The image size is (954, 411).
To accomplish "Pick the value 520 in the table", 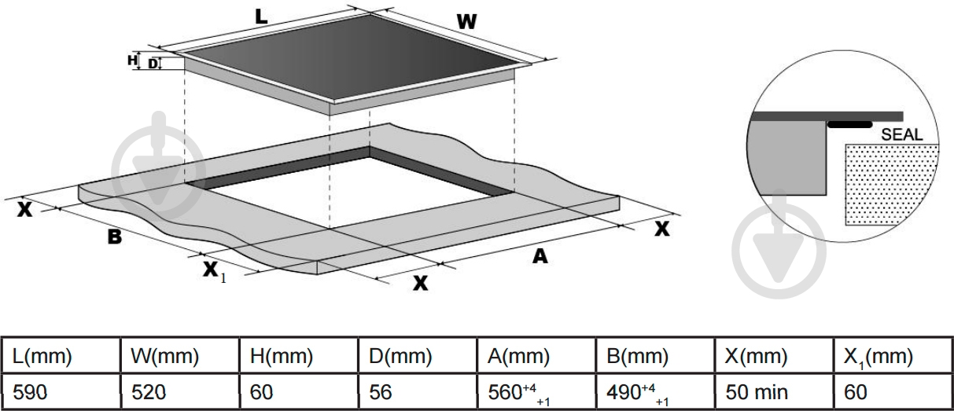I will point(149,393).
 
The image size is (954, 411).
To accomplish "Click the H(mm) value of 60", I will point(263,393).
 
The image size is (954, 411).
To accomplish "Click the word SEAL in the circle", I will point(901,134).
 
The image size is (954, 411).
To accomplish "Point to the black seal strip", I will point(850,124).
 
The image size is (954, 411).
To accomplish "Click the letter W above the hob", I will point(468,23).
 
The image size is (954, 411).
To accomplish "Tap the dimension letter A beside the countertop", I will point(540,255).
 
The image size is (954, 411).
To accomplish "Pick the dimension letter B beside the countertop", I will point(115,235).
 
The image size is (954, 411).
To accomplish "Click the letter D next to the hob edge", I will point(153,64).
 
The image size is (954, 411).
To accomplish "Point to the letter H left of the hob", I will point(133,60).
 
